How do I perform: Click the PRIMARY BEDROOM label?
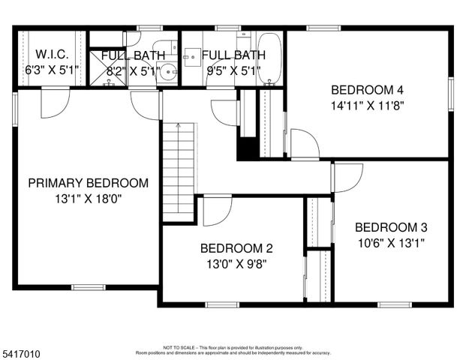click(x=88, y=182)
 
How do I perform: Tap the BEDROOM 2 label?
click(x=236, y=248)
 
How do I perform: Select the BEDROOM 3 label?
click(x=391, y=227)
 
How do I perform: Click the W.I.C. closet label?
click(x=52, y=55)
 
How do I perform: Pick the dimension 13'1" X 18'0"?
click(x=88, y=199)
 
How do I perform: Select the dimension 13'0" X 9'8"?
click(x=236, y=264)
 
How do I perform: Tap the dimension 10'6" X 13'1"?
click(x=391, y=243)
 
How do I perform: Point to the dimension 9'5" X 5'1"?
click(x=233, y=71)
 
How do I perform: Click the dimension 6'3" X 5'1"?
click(x=52, y=71)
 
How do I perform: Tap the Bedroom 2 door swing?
click(x=216, y=210)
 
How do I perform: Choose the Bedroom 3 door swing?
click(x=347, y=178)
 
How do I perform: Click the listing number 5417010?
click(x=22, y=350)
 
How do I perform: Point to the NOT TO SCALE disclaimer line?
click(x=233, y=347)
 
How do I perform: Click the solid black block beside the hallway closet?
click(x=247, y=148)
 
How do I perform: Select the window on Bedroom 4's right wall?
click(x=452, y=94)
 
